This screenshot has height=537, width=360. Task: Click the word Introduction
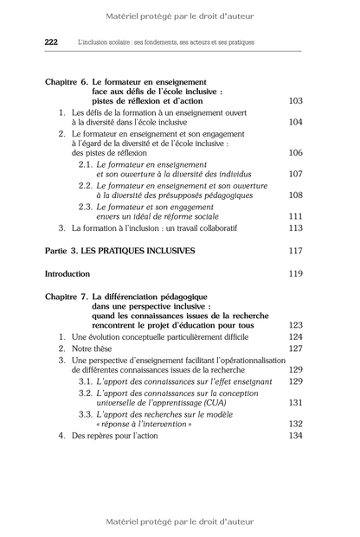67,273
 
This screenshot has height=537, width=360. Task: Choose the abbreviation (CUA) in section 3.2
234,402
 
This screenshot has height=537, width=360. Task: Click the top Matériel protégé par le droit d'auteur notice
180,16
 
